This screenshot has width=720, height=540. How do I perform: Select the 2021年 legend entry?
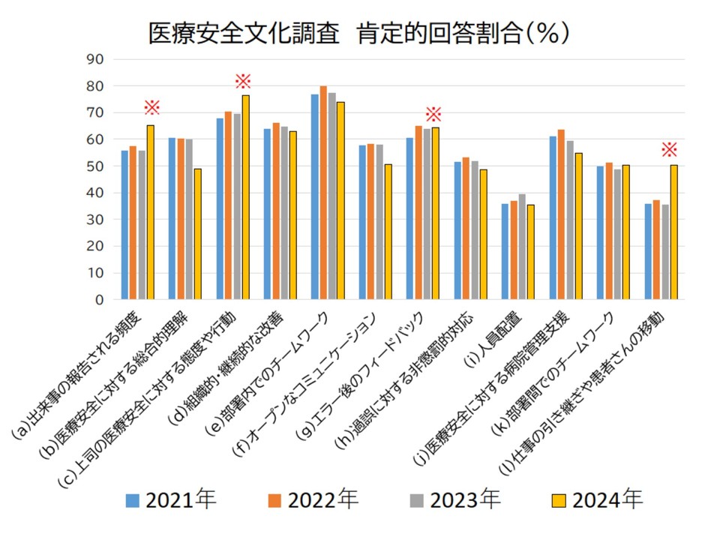click(172, 499)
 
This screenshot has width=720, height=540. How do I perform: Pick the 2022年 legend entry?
click(315, 499)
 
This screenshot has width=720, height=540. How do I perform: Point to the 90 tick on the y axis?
click(95, 59)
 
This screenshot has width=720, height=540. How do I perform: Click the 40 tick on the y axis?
click(95, 193)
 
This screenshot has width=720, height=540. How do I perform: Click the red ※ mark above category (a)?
click(151, 107)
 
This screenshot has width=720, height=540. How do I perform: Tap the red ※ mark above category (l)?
click(669, 149)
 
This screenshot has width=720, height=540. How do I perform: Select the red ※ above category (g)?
click(433, 114)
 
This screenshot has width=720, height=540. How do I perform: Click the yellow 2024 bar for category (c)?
click(245, 197)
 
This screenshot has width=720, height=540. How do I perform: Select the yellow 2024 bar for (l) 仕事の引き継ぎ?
click(673, 232)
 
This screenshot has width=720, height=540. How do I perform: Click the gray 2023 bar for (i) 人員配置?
click(522, 247)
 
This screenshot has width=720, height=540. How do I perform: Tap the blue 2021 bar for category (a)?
click(125, 225)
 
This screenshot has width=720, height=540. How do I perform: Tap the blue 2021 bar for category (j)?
click(553, 217)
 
